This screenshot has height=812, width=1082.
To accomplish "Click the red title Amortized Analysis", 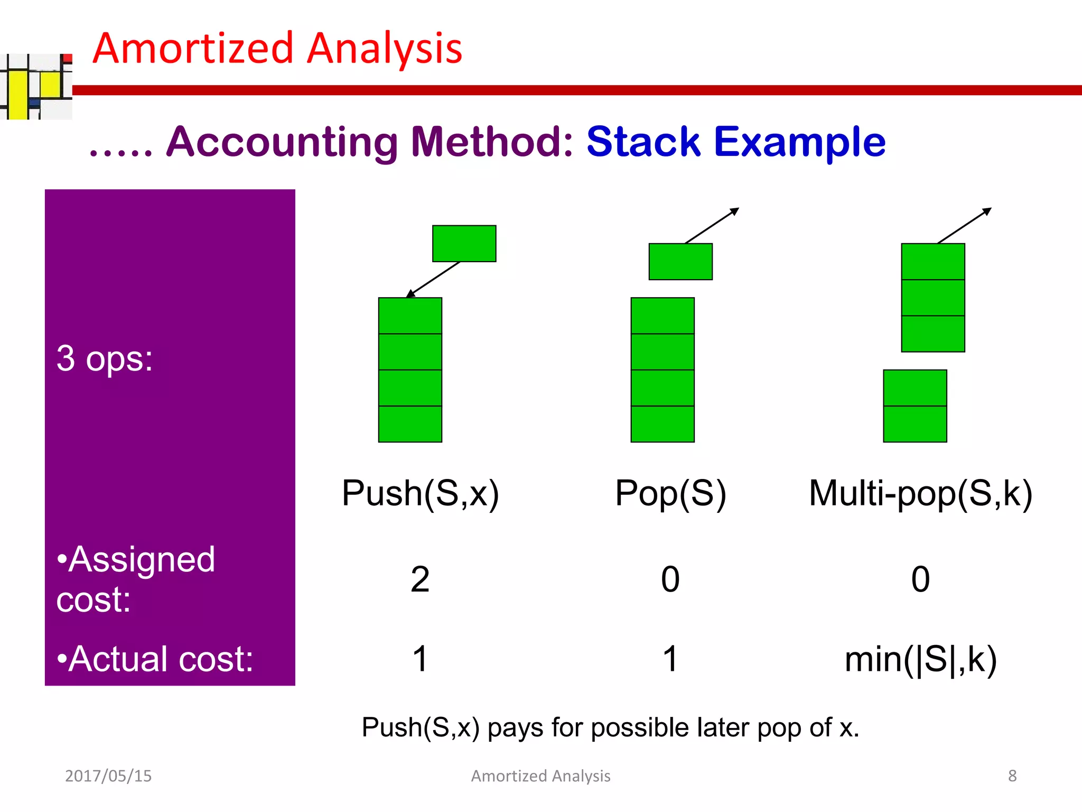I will click(277, 49).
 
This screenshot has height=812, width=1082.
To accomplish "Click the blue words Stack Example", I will click(735, 142).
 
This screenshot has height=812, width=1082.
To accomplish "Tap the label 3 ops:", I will click(105, 359).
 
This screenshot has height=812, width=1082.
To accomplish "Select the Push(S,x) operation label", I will click(420, 493).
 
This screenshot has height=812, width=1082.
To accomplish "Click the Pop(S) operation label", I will click(670, 493).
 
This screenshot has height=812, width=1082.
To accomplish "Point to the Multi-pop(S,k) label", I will click(920, 493).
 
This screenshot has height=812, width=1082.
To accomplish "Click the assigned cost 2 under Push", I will click(420, 579).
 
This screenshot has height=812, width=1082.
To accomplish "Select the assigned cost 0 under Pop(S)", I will click(670, 579).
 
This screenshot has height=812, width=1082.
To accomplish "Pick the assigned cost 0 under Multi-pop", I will click(920, 579).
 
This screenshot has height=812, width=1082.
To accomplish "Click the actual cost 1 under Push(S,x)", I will click(420, 659).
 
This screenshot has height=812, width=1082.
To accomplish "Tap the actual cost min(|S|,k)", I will click(920, 659).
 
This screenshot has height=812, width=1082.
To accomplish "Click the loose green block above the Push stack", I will click(464, 244).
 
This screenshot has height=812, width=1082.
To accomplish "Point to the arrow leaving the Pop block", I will click(712, 226).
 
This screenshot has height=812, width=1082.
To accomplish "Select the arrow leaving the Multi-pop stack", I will click(964, 226).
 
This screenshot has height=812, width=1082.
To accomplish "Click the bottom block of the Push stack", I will click(410, 424).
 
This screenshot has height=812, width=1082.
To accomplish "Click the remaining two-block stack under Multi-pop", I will click(915, 406).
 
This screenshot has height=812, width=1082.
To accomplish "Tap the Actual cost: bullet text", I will click(155, 659).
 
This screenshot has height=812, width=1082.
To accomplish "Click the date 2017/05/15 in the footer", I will click(108, 776).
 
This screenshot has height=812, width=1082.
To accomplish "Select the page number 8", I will click(1012, 776).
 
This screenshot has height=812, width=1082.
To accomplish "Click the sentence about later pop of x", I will click(610, 727).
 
